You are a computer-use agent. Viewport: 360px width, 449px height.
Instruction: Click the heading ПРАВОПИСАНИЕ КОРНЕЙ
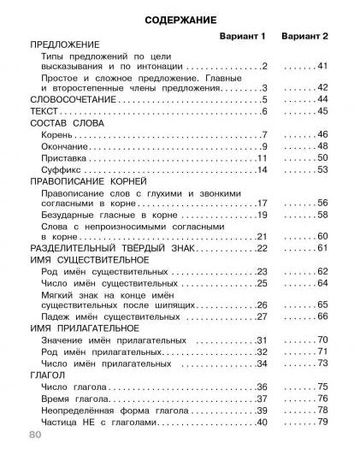(x=88, y=182)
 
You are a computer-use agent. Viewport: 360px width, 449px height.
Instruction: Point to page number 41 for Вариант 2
(x=322, y=66)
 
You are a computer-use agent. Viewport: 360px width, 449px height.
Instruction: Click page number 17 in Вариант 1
(x=263, y=204)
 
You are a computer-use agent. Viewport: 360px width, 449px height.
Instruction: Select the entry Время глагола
(x=73, y=398)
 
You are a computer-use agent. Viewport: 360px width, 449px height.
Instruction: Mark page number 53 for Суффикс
(x=322, y=170)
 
